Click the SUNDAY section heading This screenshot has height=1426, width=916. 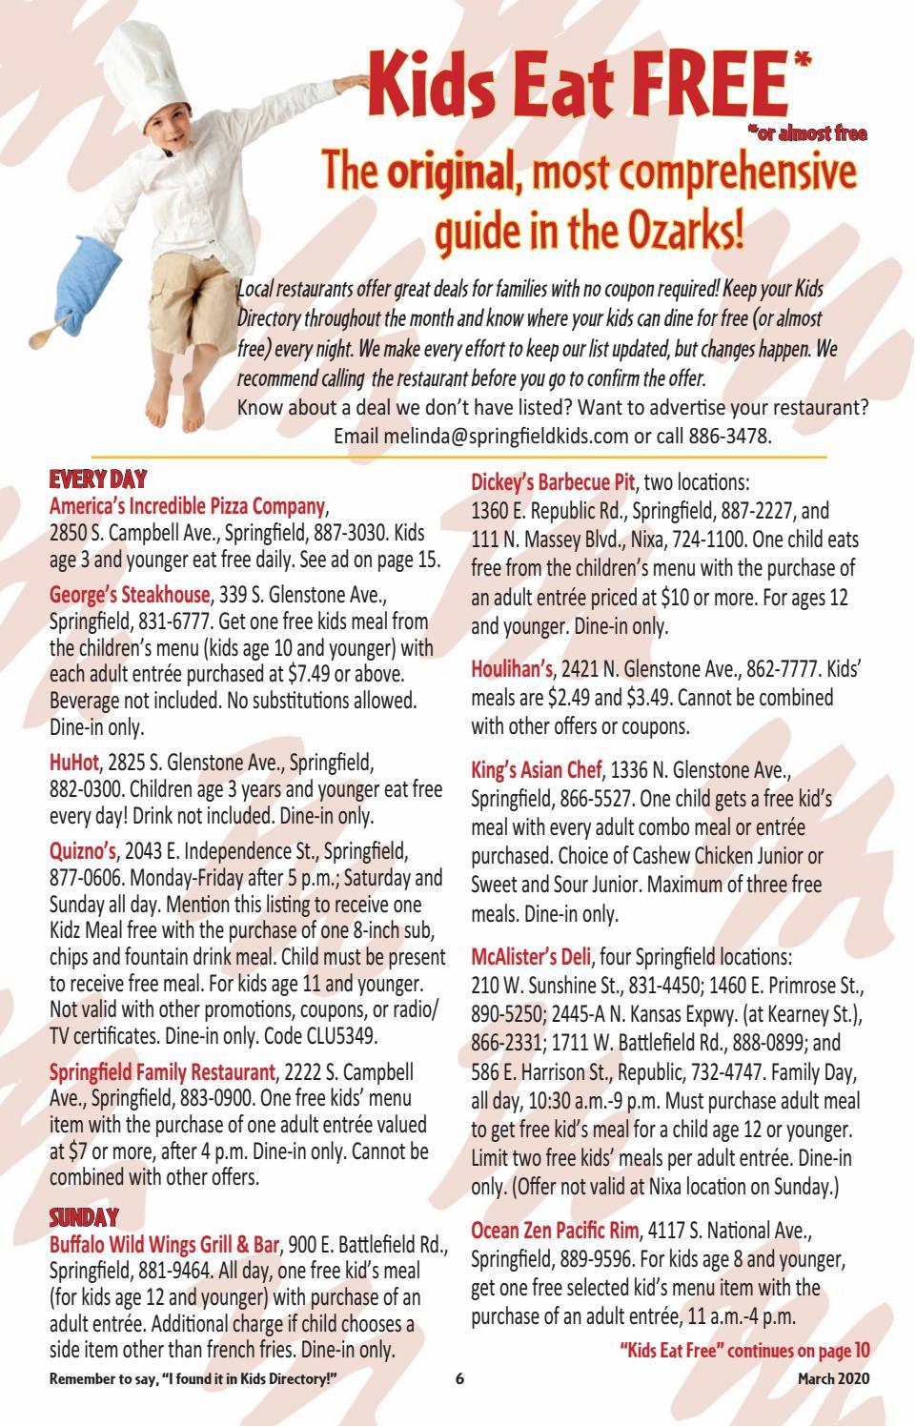84,1217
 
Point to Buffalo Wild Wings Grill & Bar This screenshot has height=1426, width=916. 164,1245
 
